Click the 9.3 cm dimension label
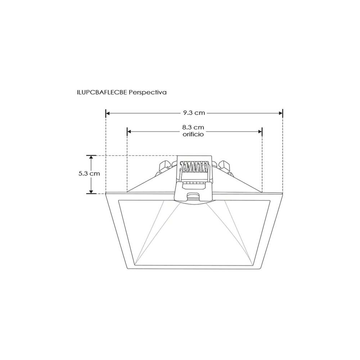[x=194, y=113]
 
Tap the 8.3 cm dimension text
[x=193, y=127]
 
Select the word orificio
[x=193, y=134]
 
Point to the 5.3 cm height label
[x=89, y=173]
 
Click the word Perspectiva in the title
[x=148, y=92]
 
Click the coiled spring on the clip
[x=194, y=167]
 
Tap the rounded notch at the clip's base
[x=194, y=196]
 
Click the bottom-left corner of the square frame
[x=129, y=269]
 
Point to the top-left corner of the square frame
[x=107, y=195]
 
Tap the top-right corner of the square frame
[x=283, y=195]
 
